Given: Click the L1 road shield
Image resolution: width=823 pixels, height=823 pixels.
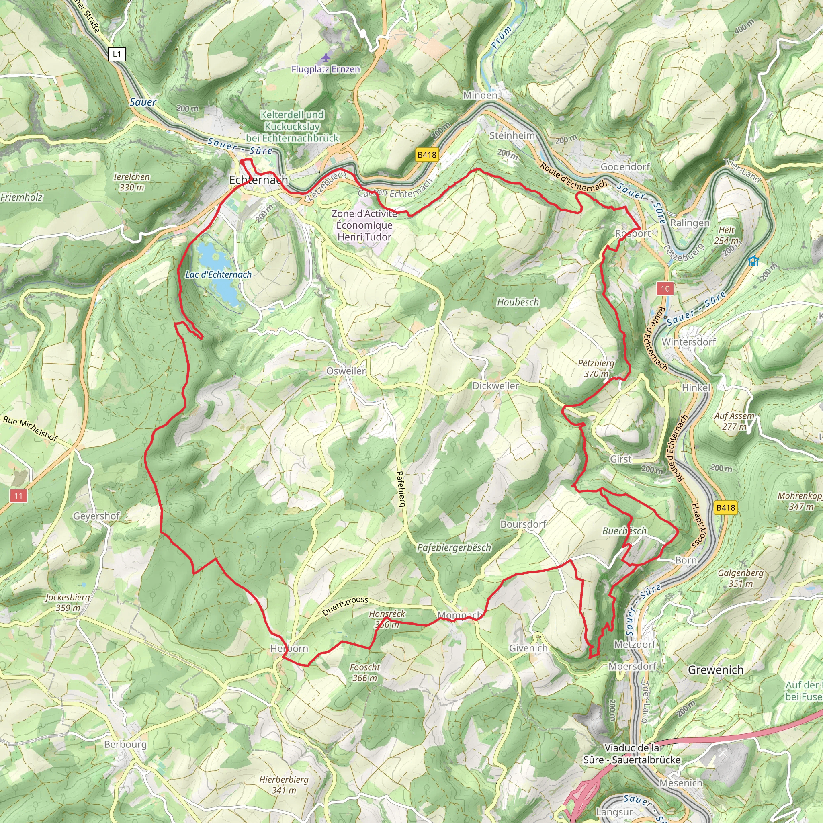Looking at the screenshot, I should click(117, 54).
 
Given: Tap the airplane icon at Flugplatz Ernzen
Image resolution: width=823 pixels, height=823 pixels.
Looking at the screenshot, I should click(326, 57).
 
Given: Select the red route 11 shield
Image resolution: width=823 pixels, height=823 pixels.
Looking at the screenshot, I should click(18, 495).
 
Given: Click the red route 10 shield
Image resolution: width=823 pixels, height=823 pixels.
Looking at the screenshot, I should click(665, 289).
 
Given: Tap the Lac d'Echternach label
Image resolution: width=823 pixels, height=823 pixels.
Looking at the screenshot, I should click(218, 274).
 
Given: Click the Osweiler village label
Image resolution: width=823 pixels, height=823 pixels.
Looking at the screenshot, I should click(346, 371).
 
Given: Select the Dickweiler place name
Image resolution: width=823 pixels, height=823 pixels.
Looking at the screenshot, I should click(495, 385).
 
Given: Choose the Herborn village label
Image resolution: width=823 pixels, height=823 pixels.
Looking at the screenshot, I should click(289, 648).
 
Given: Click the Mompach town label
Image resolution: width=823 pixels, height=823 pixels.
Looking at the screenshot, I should click(460, 615).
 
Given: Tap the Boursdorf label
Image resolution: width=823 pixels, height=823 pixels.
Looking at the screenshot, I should click(523, 524).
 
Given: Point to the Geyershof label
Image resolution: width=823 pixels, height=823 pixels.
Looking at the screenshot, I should click(97, 516).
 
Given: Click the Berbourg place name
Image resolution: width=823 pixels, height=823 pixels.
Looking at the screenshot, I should click(125, 744).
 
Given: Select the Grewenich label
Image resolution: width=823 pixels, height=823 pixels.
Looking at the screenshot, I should click(716, 670).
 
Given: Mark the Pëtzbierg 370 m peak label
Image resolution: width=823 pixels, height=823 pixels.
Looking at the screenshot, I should click(596, 369).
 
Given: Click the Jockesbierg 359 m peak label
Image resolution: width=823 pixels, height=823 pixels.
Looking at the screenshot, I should click(68, 602).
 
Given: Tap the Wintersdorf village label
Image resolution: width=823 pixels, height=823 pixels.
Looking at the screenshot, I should click(688, 342).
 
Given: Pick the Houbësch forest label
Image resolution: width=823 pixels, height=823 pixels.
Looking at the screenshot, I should click(518, 302).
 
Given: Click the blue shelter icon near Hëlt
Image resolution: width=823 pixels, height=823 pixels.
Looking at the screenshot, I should click(753, 260).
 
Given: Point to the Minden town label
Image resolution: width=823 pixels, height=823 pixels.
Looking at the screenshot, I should click(480, 95).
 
